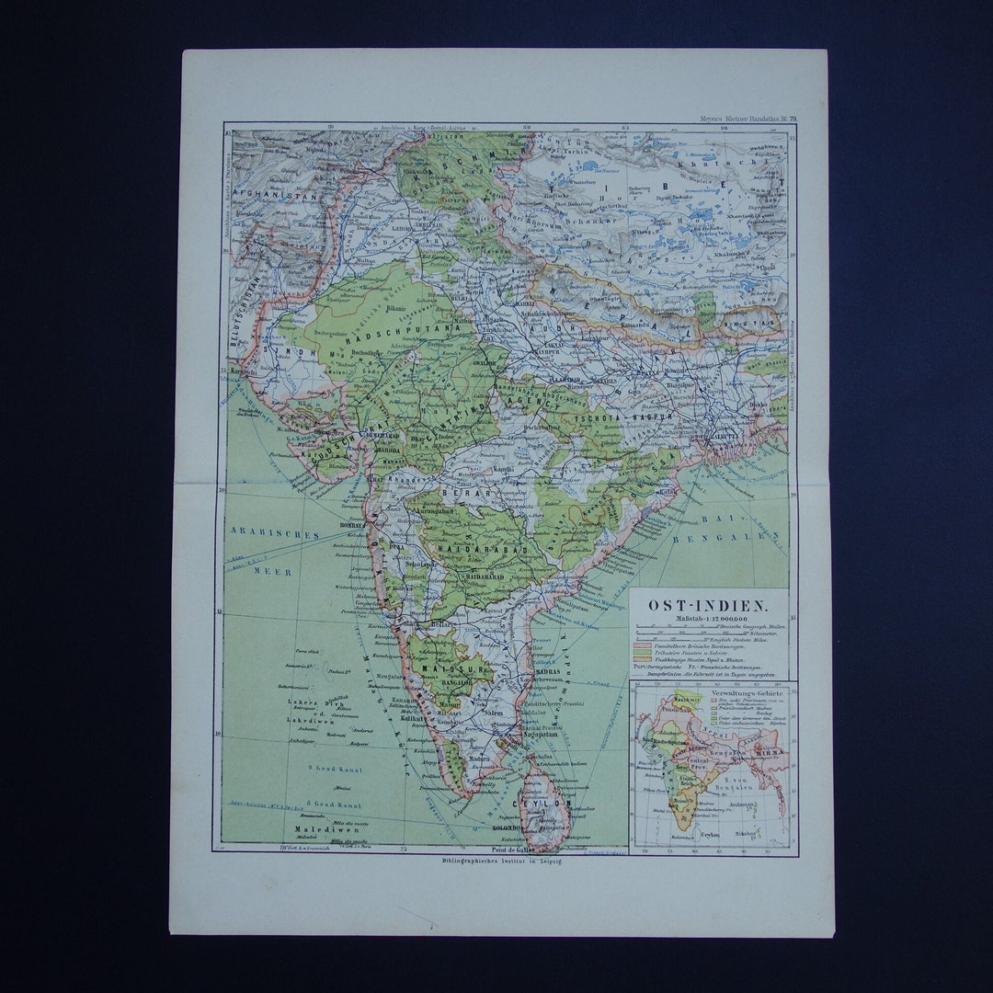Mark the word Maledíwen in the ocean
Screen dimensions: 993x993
pyautogui.click(x=320, y=828)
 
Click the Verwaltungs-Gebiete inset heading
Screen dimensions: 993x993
pyautogui.click(x=709, y=687)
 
